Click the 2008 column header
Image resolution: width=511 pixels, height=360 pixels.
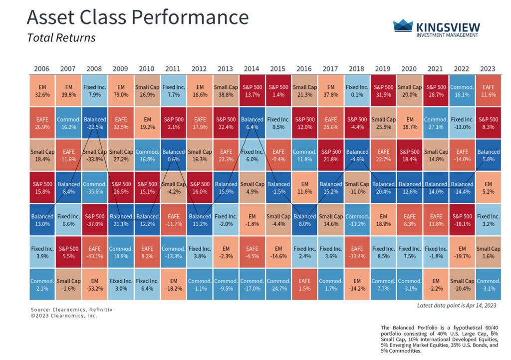(94, 68)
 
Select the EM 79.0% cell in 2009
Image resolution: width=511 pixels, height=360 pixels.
(120, 91)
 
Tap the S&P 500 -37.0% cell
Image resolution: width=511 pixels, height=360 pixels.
(94, 220)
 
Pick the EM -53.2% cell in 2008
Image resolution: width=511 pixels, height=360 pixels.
(94, 285)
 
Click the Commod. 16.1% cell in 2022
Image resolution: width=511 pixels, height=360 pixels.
(462, 91)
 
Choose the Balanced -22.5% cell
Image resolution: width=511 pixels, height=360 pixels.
(94, 123)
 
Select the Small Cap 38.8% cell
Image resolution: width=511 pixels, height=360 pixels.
(226, 91)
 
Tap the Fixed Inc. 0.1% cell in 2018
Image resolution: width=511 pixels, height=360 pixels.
(357, 91)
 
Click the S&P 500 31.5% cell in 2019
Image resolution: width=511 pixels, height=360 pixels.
(383, 91)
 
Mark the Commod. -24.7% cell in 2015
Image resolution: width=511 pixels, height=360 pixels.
(278, 285)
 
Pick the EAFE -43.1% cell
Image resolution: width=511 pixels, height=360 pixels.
(94, 252)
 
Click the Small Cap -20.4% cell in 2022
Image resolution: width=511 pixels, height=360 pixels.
(462, 285)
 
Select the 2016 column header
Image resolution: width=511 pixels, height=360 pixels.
(304, 68)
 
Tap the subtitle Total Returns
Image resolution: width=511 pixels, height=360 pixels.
(61, 38)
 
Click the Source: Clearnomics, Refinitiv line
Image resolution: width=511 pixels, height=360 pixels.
(71, 310)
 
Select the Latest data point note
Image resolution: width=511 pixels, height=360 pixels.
(456, 305)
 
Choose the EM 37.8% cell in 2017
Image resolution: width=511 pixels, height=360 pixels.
(330, 91)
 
